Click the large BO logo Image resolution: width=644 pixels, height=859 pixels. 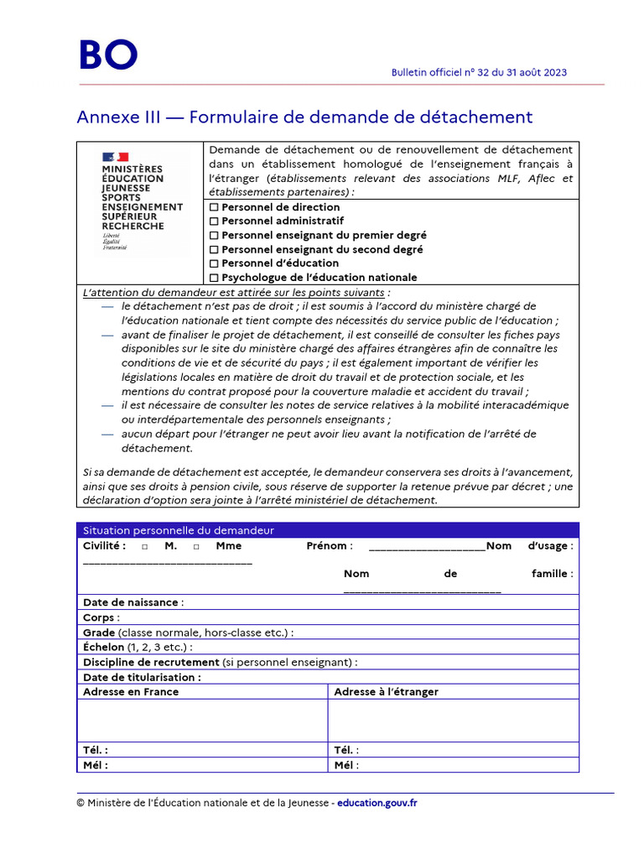107,55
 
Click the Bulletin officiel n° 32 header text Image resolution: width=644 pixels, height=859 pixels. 479,72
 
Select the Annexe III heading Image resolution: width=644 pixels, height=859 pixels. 304,117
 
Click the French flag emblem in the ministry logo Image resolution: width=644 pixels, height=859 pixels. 115,157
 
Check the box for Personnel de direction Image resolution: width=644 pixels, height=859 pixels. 214,207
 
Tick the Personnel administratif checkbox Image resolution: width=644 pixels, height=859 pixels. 214,221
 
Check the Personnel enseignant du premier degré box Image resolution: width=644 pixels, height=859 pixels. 214,236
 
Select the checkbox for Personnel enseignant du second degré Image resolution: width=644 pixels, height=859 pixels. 214,250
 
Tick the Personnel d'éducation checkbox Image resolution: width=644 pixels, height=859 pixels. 214,263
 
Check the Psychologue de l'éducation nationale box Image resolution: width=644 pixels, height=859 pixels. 214,278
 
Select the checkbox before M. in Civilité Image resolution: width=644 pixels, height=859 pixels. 145,547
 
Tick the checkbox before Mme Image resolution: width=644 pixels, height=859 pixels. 195,547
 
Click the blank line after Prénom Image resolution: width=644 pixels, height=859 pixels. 426,547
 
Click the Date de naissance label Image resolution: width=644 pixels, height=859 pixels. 131,602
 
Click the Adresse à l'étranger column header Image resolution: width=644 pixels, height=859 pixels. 386,692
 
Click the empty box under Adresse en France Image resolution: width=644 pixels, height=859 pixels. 201,721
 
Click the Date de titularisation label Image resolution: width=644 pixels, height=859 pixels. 142,677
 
